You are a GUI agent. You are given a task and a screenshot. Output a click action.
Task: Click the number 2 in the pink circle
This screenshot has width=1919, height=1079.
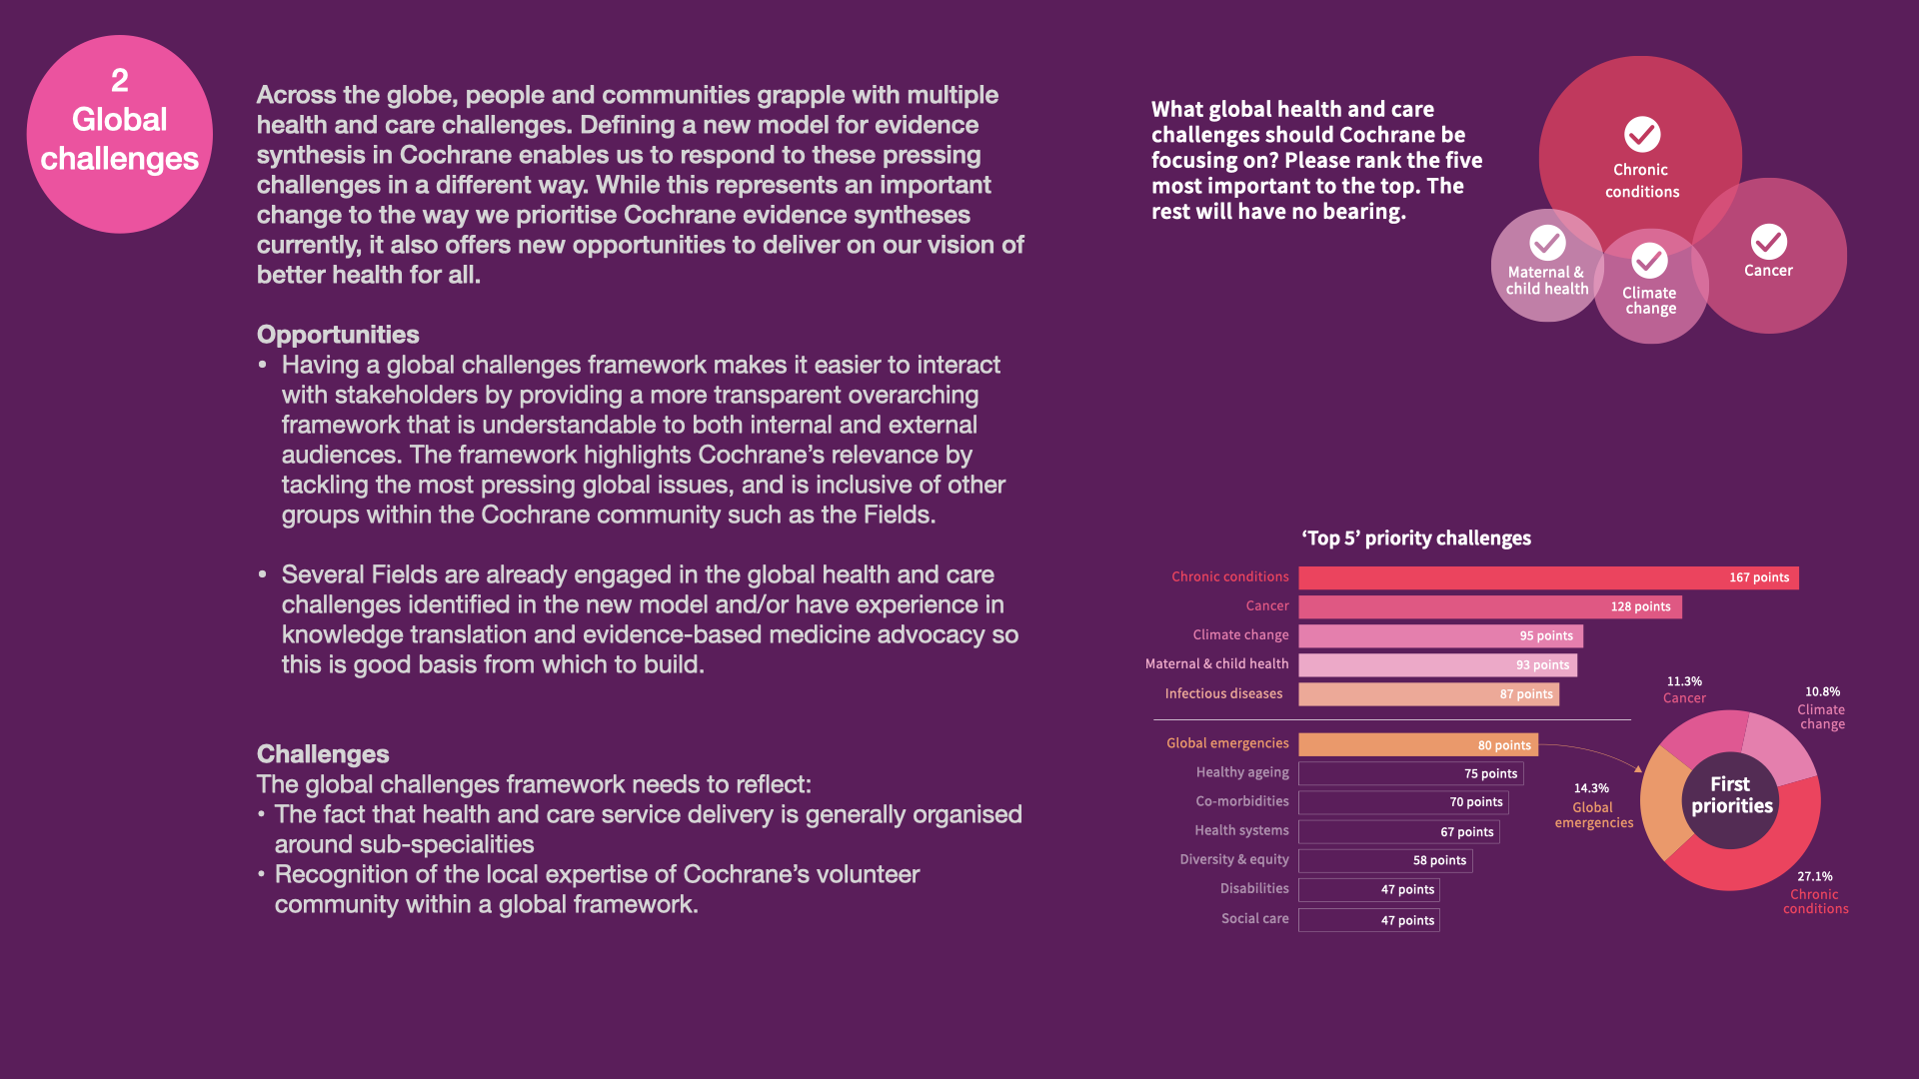pos(120,80)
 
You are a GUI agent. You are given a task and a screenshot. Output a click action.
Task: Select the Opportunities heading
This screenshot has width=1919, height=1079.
pos(338,335)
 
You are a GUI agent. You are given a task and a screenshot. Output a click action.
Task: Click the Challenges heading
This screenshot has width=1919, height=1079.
pos(323,754)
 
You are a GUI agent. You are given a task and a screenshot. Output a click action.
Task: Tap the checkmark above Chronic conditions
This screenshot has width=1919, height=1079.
pos(1642,134)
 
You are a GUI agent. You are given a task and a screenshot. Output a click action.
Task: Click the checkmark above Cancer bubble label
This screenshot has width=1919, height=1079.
pos(1768,241)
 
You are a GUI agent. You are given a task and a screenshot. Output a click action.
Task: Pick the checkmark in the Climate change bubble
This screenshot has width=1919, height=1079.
pos(1649,261)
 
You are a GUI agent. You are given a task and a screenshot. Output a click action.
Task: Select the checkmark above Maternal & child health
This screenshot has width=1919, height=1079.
pos(1547,242)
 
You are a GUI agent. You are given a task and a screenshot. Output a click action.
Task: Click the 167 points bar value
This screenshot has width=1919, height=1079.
pos(1759,577)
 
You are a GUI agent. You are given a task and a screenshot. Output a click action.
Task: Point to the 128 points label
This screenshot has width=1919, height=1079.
pos(1640,606)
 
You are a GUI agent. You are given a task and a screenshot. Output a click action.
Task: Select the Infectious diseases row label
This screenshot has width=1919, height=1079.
pos(1223,693)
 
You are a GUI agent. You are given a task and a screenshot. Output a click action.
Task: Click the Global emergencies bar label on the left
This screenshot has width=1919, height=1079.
pos(1227,743)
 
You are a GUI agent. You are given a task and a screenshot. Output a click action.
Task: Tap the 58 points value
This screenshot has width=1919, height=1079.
pos(1439,860)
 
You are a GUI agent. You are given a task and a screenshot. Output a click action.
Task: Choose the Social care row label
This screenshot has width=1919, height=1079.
pos(1254,918)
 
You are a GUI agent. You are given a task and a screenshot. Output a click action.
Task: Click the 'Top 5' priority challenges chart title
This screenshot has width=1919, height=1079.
pos(1416,539)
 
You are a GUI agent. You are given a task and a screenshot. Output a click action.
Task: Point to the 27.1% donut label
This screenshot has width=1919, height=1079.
pos(1815,876)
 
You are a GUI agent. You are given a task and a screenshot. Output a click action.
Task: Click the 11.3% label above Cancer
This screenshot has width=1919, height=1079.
pos(1684,681)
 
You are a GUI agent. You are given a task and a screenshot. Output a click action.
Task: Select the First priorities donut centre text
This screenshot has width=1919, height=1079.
pos(1731,795)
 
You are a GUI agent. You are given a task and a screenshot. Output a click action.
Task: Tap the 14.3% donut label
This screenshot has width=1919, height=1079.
pos(1591,788)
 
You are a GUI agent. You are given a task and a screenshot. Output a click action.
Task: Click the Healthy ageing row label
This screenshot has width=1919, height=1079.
pos(1242,772)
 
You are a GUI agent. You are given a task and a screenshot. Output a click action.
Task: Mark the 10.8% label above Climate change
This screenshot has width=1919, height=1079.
pos(1822,691)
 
